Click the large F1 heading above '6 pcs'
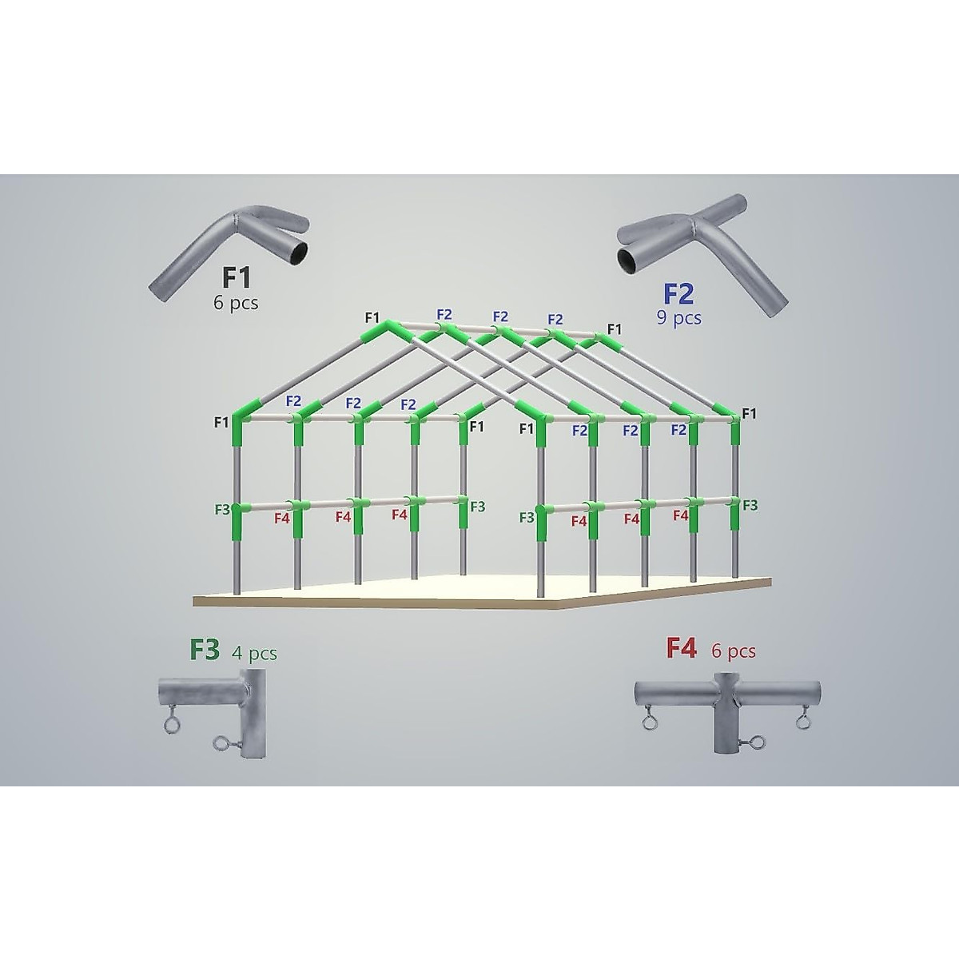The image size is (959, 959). [237, 279]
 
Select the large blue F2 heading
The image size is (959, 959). [678, 294]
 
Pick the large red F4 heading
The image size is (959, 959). [682, 650]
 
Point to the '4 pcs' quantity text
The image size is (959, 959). [254, 653]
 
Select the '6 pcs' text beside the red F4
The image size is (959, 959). [733, 651]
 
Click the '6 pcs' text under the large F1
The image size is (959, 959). [237, 304]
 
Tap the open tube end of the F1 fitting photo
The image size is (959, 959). [297, 253]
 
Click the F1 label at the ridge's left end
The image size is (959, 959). [372, 318]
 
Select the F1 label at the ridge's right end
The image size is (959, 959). [614, 328]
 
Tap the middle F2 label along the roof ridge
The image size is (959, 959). [500, 316]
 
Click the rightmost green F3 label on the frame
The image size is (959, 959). [750, 505]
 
